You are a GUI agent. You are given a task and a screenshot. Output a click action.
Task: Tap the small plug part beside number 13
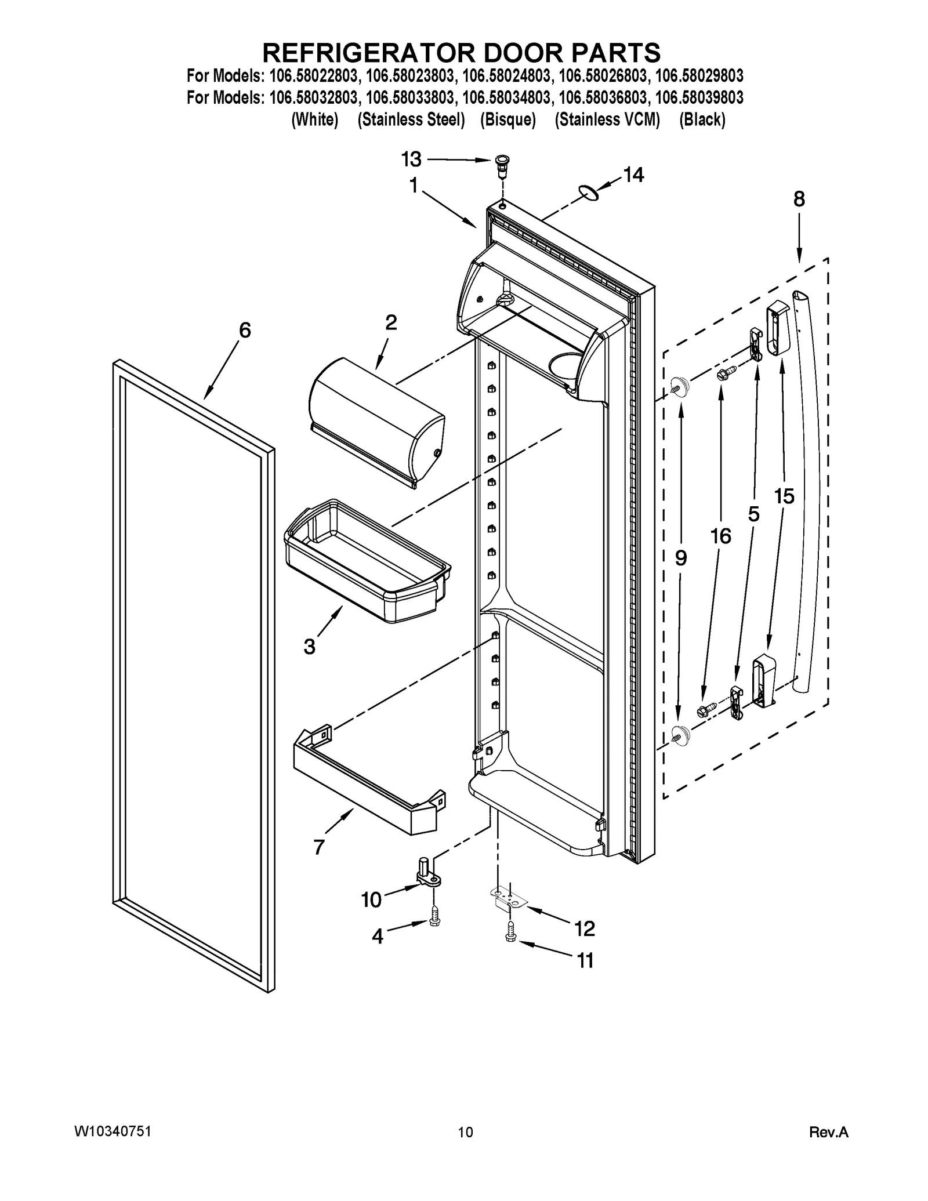coord(502,167)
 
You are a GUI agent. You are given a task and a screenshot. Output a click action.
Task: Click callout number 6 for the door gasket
coord(245,331)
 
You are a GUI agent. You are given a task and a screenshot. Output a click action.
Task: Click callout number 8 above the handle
coord(799,199)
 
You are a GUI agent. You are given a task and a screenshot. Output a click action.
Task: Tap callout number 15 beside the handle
coord(784,496)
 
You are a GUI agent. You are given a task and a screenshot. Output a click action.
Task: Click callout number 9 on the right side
coord(681,558)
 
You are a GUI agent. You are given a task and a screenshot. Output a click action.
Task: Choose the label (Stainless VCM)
coord(607,119)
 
